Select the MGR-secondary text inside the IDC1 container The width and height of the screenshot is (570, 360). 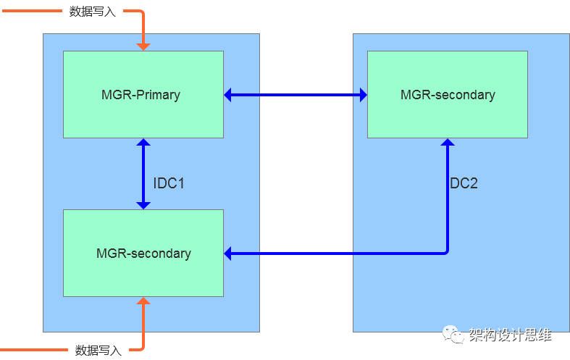click(x=143, y=254)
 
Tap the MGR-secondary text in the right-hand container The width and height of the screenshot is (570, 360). click(x=448, y=95)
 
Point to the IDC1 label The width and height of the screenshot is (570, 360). click(x=169, y=183)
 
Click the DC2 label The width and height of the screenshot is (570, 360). click(x=464, y=183)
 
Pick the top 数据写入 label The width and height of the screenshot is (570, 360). click(x=92, y=12)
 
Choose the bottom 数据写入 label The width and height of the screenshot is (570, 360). click(x=98, y=350)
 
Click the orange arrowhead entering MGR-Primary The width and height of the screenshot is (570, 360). click(x=143, y=46)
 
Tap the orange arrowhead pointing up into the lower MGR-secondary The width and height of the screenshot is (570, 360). click(x=143, y=302)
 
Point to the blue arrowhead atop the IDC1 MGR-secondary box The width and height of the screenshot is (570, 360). click(x=143, y=204)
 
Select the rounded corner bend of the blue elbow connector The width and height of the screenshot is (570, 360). click(x=446, y=252)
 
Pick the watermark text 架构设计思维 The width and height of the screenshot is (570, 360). click(x=510, y=335)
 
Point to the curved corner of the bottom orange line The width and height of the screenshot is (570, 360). click(x=141, y=348)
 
